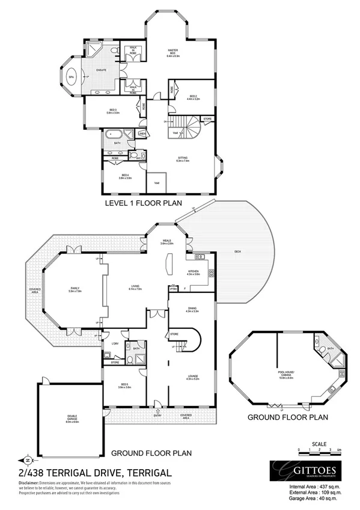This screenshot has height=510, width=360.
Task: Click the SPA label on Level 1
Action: [70, 78]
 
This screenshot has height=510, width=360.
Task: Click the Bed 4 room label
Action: [125, 176]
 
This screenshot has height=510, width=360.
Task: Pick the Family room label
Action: [75, 290]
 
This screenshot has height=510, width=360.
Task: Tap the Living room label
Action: [135, 287]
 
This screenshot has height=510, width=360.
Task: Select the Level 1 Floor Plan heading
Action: [143, 203]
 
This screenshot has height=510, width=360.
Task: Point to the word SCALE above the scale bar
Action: [320, 443]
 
